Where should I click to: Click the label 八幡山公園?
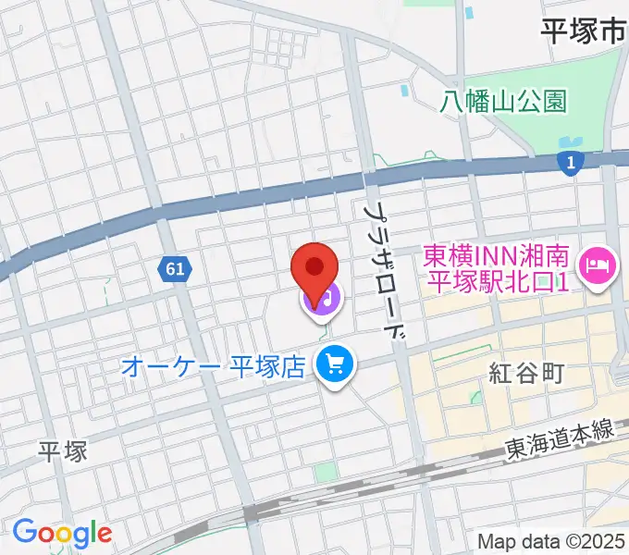(503, 100)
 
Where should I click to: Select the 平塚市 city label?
(582, 32)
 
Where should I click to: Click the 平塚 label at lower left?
(62, 451)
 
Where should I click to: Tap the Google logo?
(62, 533)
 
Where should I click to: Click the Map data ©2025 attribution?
(551, 541)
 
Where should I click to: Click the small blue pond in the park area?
(405, 92)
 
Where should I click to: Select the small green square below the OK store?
(325, 472)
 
